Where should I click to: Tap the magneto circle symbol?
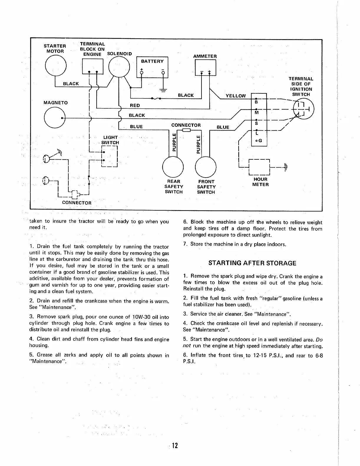click(x=54, y=118)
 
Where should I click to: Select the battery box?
click(x=152, y=67)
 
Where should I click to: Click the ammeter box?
click(x=205, y=67)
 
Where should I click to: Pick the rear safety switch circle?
click(x=173, y=166)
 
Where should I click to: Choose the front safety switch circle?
click(x=206, y=166)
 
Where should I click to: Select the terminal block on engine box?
click(x=93, y=67)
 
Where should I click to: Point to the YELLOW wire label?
click(x=235, y=96)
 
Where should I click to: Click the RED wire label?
click(x=135, y=105)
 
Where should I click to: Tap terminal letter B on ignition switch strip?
click(x=256, y=102)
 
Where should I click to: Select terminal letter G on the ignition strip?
click(x=260, y=141)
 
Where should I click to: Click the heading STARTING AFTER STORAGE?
click(x=252, y=263)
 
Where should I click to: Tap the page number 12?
click(x=175, y=445)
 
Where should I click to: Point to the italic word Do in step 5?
click(x=319, y=339)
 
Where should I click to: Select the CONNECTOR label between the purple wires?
click(x=186, y=125)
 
